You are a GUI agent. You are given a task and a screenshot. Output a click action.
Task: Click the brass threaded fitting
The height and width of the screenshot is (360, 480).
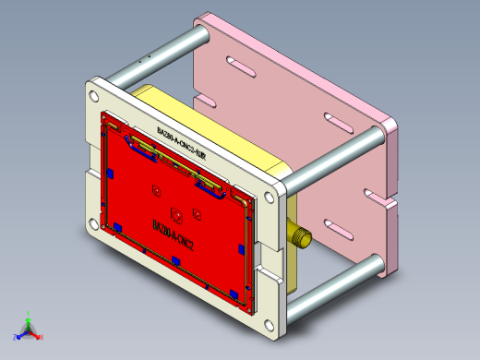298,235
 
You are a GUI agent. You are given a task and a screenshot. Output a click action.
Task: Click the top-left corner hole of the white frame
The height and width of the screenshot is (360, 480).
93,95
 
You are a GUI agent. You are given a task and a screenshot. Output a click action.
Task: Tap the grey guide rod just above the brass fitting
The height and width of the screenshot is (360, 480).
332,157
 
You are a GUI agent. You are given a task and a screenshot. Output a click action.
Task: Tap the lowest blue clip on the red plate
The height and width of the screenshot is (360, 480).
235,293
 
